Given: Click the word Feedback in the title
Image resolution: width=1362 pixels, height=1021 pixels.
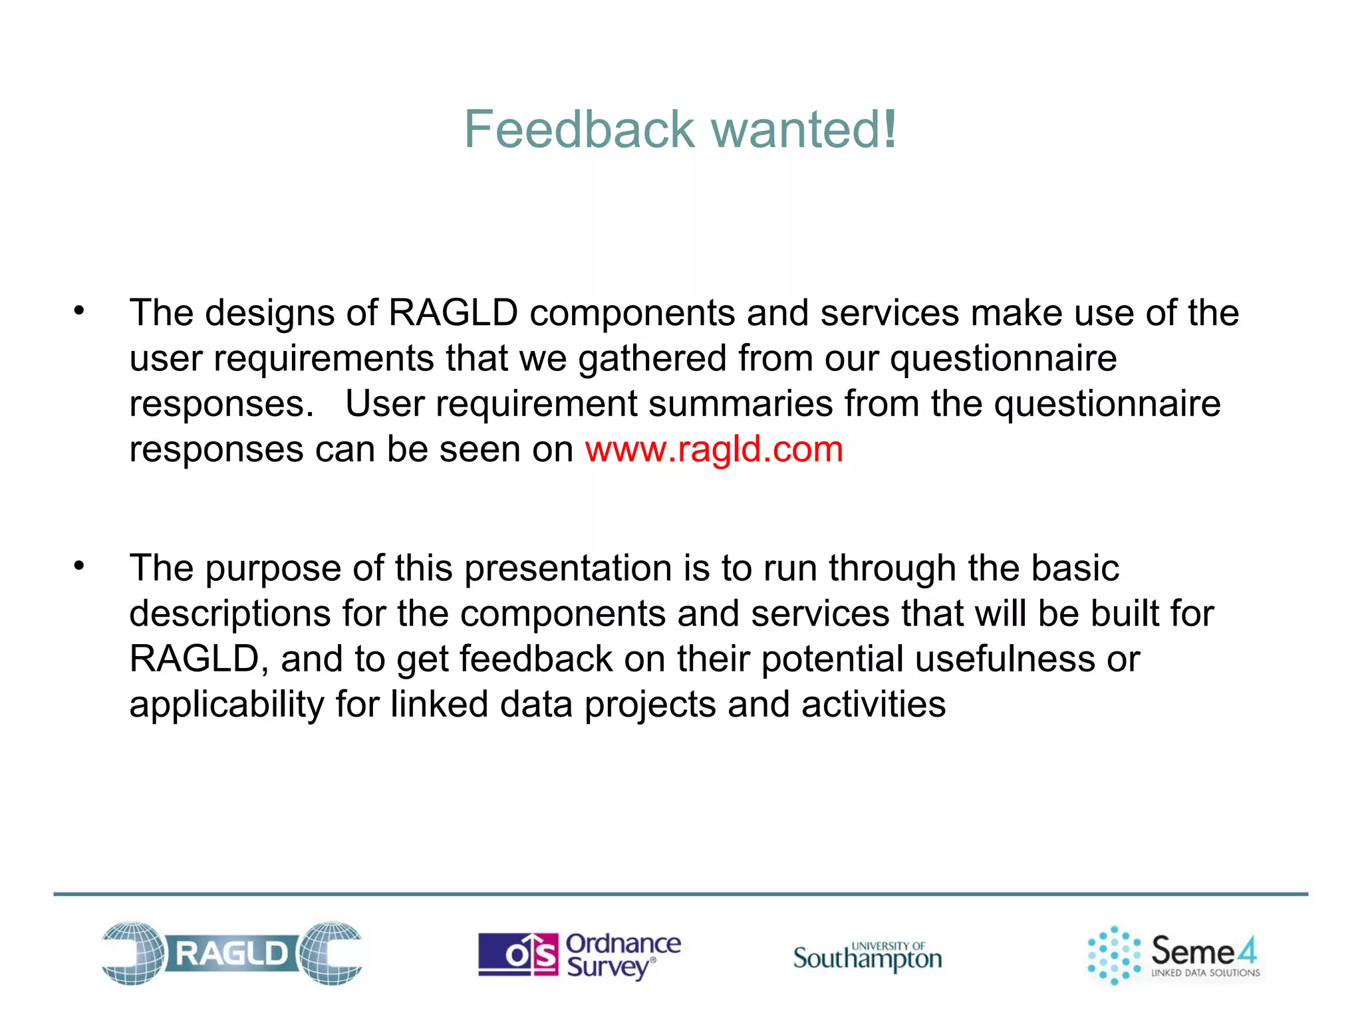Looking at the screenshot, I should pyautogui.click(x=579, y=129).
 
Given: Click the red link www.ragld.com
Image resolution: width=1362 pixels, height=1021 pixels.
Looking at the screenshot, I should pyautogui.click(x=714, y=449).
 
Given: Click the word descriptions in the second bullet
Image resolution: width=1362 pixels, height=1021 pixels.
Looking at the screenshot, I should pyautogui.click(x=229, y=614).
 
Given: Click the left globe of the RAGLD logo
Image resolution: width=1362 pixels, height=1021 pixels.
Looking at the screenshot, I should pyautogui.click(x=133, y=953).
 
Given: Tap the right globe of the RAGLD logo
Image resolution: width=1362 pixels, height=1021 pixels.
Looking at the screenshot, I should pyautogui.click(x=331, y=953).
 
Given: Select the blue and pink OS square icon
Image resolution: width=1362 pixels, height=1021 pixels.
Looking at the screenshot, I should pyautogui.click(x=518, y=955).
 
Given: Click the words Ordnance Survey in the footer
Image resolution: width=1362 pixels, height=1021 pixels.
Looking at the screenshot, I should pyautogui.click(x=622, y=955).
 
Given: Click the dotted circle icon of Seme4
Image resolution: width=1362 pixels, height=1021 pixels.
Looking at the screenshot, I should pyautogui.click(x=1114, y=955).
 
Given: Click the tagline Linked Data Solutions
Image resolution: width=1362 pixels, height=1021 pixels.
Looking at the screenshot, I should pyautogui.click(x=1205, y=972).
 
